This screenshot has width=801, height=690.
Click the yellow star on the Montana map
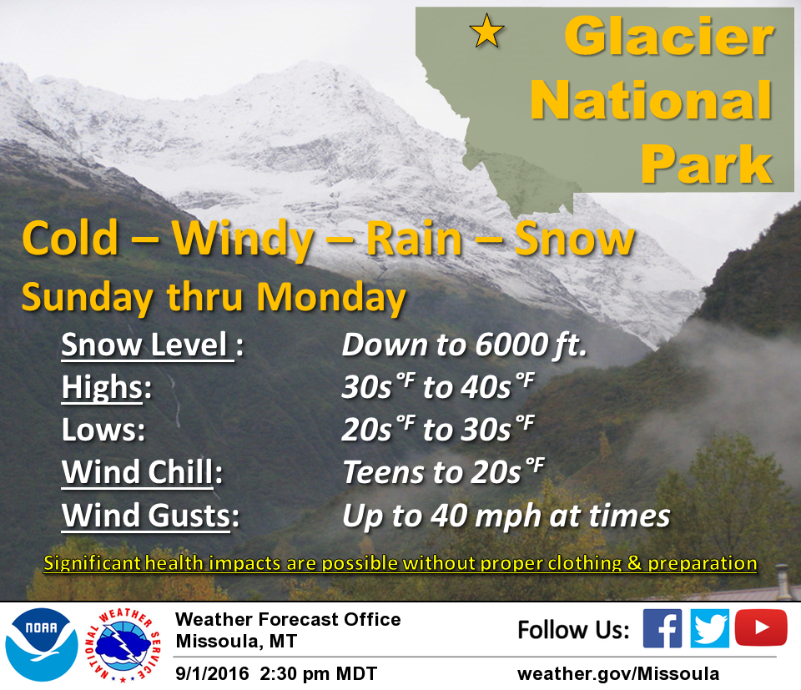pyautogui.click(x=486, y=31)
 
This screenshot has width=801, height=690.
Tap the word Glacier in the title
pyautogui.click(x=669, y=36)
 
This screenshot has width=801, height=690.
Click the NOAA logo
pyautogui.click(x=42, y=644)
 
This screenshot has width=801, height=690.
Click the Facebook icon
pyautogui.click(x=662, y=628)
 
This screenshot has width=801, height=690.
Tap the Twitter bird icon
pyautogui.click(x=709, y=628)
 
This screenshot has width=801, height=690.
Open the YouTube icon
pyautogui.click(x=761, y=627)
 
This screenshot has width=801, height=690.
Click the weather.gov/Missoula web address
pyautogui.click(x=618, y=673)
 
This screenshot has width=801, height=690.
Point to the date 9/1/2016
pyautogui.click(x=212, y=673)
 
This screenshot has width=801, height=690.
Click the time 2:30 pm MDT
pyautogui.click(x=318, y=673)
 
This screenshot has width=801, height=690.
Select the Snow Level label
pyautogui.click(x=152, y=345)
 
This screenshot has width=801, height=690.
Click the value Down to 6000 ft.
pyautogui.click(x=465, y=345)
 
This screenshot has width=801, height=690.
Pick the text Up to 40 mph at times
pyautogui.click(x=506, y=516)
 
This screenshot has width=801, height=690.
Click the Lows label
pyautogui.click(x=103, y=430)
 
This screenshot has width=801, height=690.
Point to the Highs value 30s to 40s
pyautogui.click(x=438, y=386)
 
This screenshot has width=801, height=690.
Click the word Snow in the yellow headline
pyautogui.click(x=574, y=239)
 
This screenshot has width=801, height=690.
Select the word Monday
pyautogui.click(x=331, y=297)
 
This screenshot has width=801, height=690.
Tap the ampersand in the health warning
pyautogui.click(x=634, y=563)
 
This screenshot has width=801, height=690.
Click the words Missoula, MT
pyautogui.click(x=236, y=642)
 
